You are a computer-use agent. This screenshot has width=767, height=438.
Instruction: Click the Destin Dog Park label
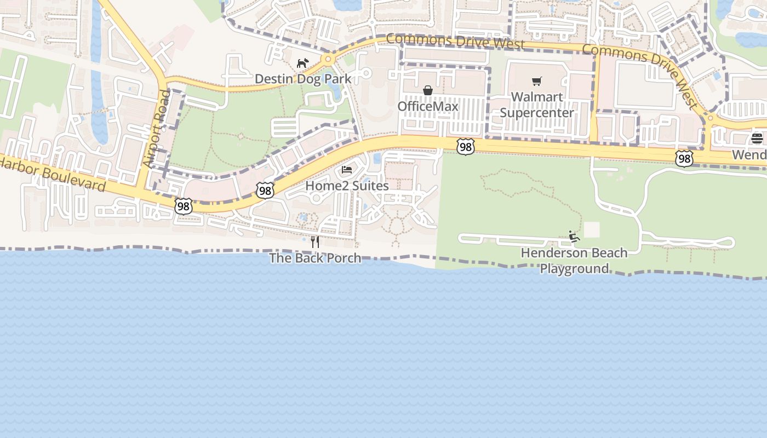pyautogui.click(x=303, y=79)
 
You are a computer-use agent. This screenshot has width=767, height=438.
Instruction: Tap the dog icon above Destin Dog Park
pyautogui.click(x=302, y=63)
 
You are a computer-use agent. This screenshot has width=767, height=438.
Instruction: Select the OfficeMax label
pyautogui.click(x=428, y=106)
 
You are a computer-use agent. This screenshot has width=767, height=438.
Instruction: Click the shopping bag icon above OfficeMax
pyautogui.click(x=428, y=90)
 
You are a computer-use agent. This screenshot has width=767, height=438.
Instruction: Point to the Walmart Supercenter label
pyautogui.click(x=537, y=105)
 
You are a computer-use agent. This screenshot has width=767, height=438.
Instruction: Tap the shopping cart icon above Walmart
pyautogui.click(x=537, y=82)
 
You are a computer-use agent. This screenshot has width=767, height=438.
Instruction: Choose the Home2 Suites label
pyautogui.click(x=347, y=186)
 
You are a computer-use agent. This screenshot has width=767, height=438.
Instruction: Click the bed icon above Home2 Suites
pyautogui.click(x=347, y=170)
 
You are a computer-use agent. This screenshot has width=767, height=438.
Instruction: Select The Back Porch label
pyautogui.click(x=315, y=258)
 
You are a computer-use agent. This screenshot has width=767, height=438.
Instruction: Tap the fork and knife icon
pyautogui.click(x=315, y=241)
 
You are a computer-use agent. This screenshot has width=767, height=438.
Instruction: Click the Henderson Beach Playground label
pyautogui.click(x=574, y=261)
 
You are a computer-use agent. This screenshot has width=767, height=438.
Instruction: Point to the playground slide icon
pyautogui.click(x=574, y=237)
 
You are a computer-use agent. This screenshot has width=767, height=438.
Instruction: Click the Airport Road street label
pyautogui.click(x=157, y=129)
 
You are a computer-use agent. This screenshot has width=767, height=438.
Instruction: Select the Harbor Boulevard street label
pyautogui.click(x=53, y=175)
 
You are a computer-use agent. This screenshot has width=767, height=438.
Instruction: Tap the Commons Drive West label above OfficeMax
pyautogui.click(x=455, y=41)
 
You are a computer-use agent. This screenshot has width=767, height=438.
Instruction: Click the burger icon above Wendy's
pyautogui.click(x=757, y=139)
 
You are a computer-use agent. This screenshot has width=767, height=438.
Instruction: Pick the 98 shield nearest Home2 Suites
pyautogui.click(x=265, y=191)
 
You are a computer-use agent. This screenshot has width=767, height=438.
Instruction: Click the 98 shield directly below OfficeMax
pyautogui.click(x=465, y=146)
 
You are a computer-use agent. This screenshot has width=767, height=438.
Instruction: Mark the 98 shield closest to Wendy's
pyautogui.click(x=684, y=159)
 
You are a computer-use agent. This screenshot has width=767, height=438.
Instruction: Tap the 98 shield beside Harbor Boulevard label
pyautogui.click(x=184, y=206)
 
